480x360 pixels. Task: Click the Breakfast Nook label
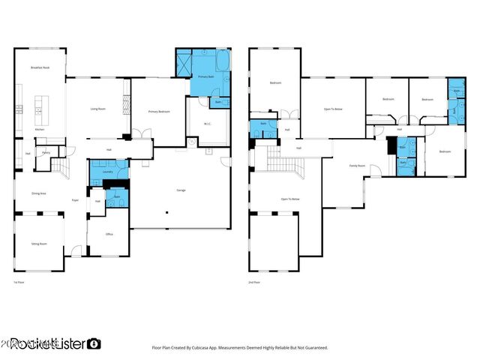point(40,67)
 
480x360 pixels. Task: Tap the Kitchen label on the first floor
point(40,129)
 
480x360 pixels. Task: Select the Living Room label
point(97,109)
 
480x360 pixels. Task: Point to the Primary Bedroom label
point(159,111)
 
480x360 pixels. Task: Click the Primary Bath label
point(206,77)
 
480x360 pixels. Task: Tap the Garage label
point(181,190)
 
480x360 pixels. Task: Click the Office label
point(109,233)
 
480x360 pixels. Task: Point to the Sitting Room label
point(40,244)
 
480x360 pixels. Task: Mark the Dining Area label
point(39,193)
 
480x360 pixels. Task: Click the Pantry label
point(46,152)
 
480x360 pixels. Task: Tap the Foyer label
point(75,200)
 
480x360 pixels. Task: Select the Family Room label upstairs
point(357,166)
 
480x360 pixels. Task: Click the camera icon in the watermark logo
point(94,343)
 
